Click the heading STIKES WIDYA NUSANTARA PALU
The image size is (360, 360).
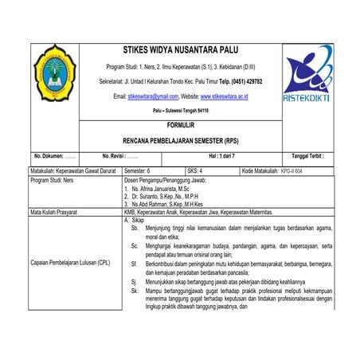181,49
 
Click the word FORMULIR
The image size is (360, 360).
181,126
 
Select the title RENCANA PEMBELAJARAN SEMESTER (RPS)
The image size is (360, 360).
181,139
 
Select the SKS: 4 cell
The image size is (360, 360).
196,170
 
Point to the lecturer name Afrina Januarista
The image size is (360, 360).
165,188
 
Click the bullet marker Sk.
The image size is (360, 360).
135,291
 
